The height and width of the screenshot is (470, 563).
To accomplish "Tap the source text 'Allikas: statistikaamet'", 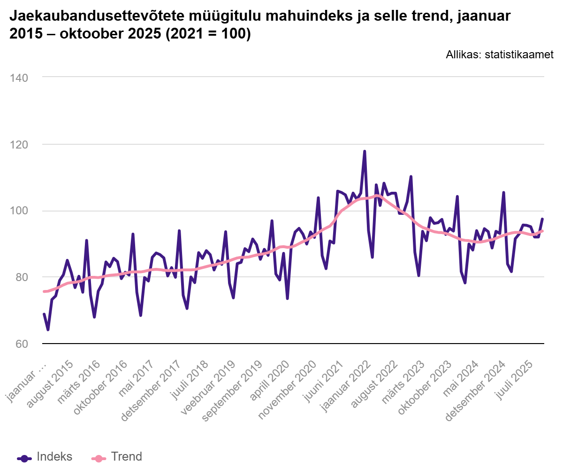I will coord(500,55).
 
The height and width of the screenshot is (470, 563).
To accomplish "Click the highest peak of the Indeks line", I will coord(365,151).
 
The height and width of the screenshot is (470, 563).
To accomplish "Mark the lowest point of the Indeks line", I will coord(48,330).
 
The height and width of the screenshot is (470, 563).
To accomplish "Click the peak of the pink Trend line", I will coord(376,195).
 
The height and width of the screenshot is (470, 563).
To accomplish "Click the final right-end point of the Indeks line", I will coord(542,219).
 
